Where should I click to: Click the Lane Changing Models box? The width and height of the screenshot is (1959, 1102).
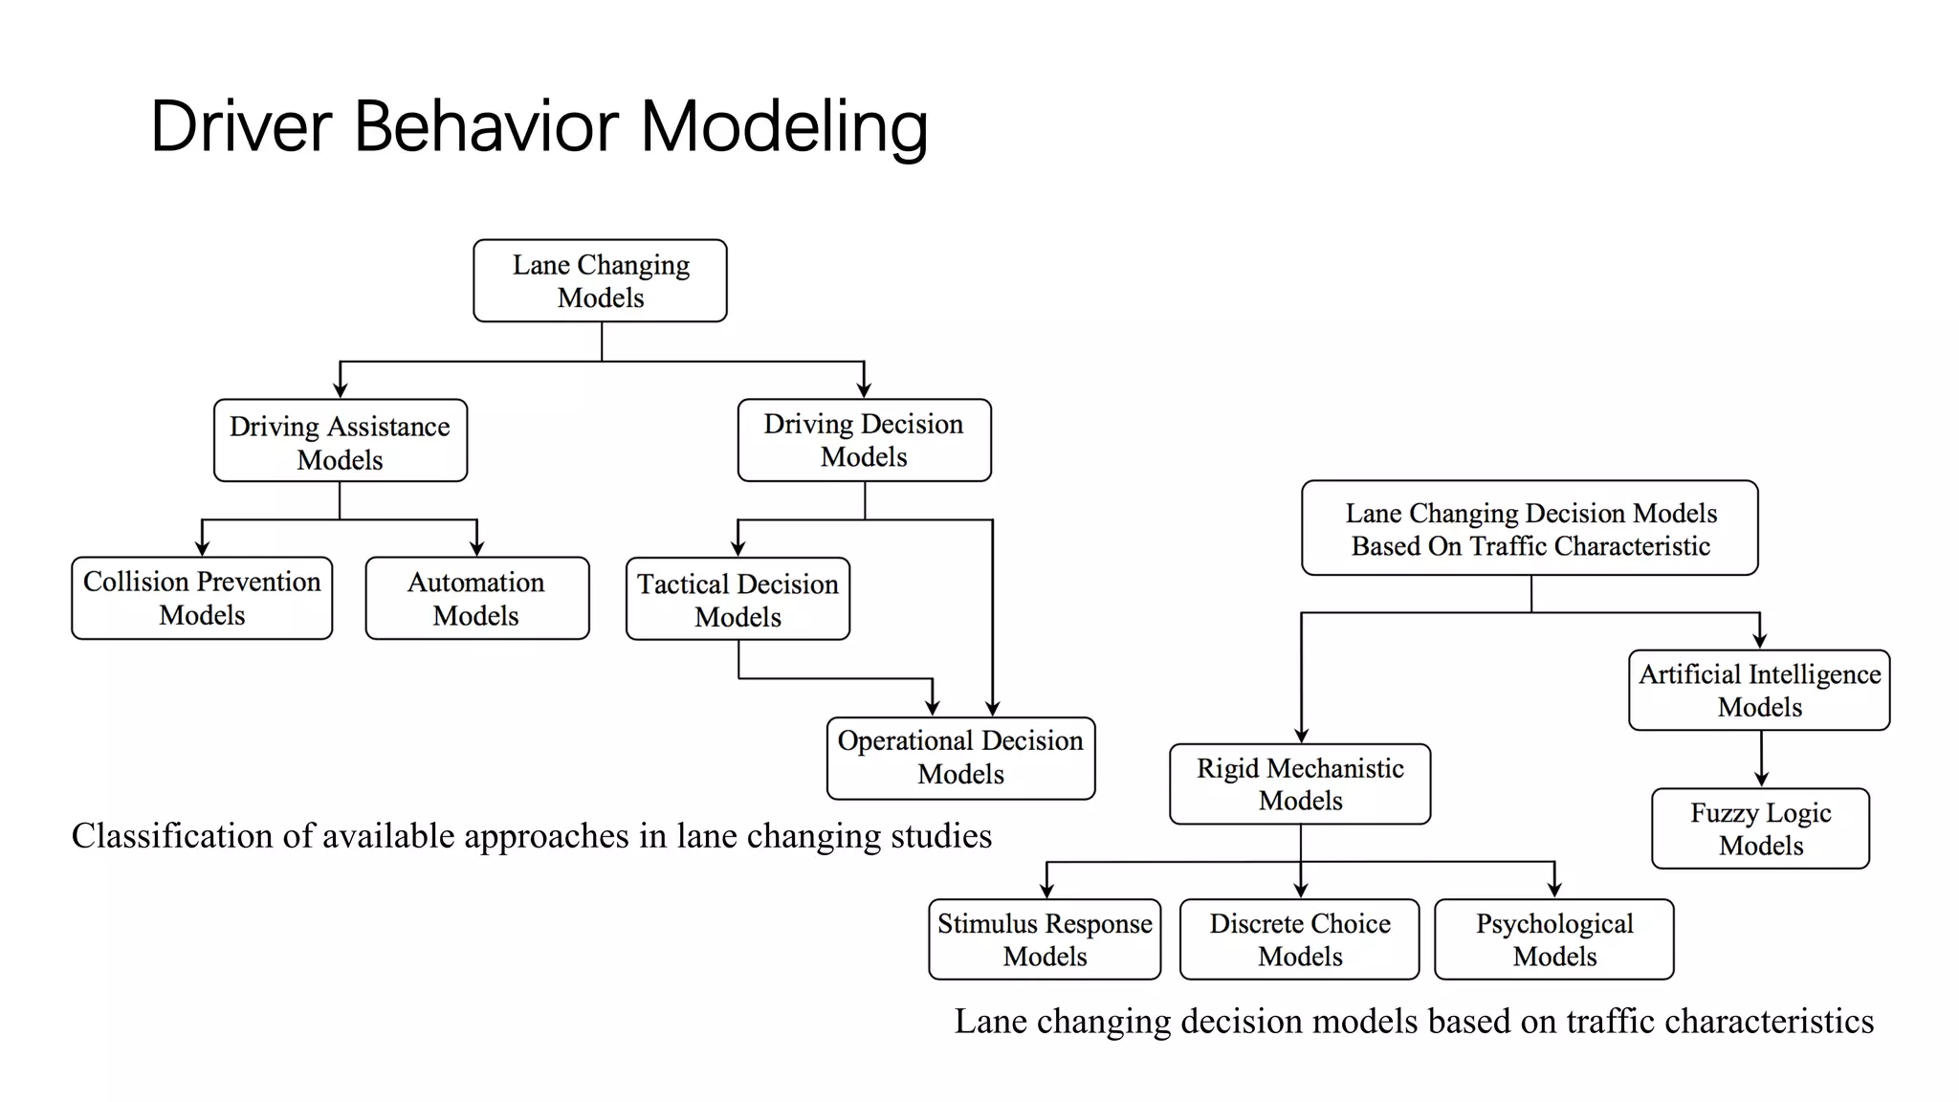600,280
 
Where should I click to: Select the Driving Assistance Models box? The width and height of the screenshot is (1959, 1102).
340,441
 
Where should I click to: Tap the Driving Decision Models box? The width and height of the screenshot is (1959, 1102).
864,440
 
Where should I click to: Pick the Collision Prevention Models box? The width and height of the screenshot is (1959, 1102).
202,598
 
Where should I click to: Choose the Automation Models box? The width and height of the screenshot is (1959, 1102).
476,598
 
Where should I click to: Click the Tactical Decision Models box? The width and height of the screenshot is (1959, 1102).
737,599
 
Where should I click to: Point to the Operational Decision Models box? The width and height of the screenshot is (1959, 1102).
960,758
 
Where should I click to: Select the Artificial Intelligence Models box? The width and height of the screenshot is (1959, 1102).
1759,690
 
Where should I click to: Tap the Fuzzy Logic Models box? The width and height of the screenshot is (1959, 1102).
1760,828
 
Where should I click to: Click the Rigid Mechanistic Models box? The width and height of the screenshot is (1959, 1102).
1300,783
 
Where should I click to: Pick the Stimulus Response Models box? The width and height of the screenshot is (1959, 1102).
1045,939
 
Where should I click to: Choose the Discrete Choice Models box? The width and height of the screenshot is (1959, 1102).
1299,939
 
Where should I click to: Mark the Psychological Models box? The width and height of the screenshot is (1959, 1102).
1553,939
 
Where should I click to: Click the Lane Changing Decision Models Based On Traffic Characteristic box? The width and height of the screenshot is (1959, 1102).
1530,528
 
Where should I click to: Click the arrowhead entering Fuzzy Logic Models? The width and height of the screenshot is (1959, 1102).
1761,780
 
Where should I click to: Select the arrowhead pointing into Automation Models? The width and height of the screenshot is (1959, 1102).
476,549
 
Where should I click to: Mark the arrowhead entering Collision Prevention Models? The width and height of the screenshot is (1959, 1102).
202,549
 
